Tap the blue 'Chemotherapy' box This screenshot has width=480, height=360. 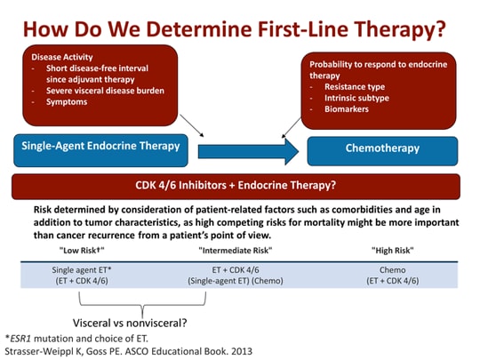coord(382,149)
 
